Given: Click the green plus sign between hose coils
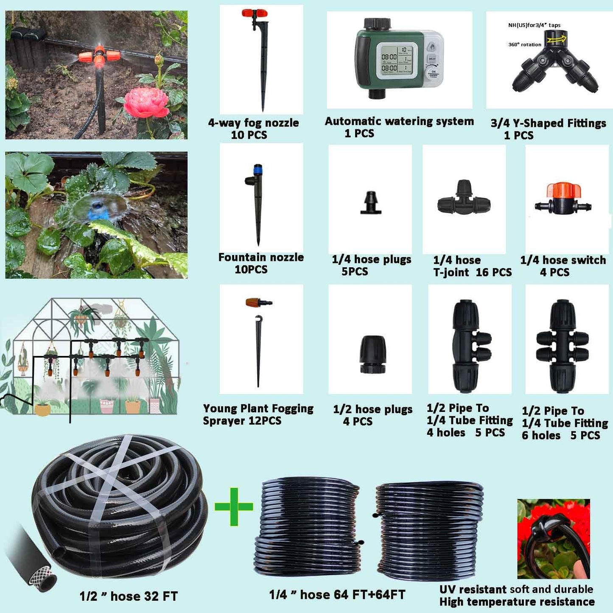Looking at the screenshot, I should [x=234, y=507].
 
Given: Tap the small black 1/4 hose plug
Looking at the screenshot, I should [x=371, y=203].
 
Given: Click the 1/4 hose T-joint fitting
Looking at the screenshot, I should [x=464, y=199].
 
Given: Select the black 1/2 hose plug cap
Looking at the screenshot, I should [x=373, y=354].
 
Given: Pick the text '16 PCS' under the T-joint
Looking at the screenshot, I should [x=494, y=272].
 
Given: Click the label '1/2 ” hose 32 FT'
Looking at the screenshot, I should [x=129, y=596].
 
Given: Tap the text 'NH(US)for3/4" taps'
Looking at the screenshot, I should [x=534, y=25].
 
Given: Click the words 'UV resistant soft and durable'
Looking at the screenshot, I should [x=516, y=589].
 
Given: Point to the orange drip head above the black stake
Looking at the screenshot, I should [x=258, y=302].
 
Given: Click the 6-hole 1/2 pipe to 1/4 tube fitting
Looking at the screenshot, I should [x=563, y=346].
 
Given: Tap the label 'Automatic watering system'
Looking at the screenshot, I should [x=399, y=121].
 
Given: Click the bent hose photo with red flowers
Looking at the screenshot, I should [x=553, y=538].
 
